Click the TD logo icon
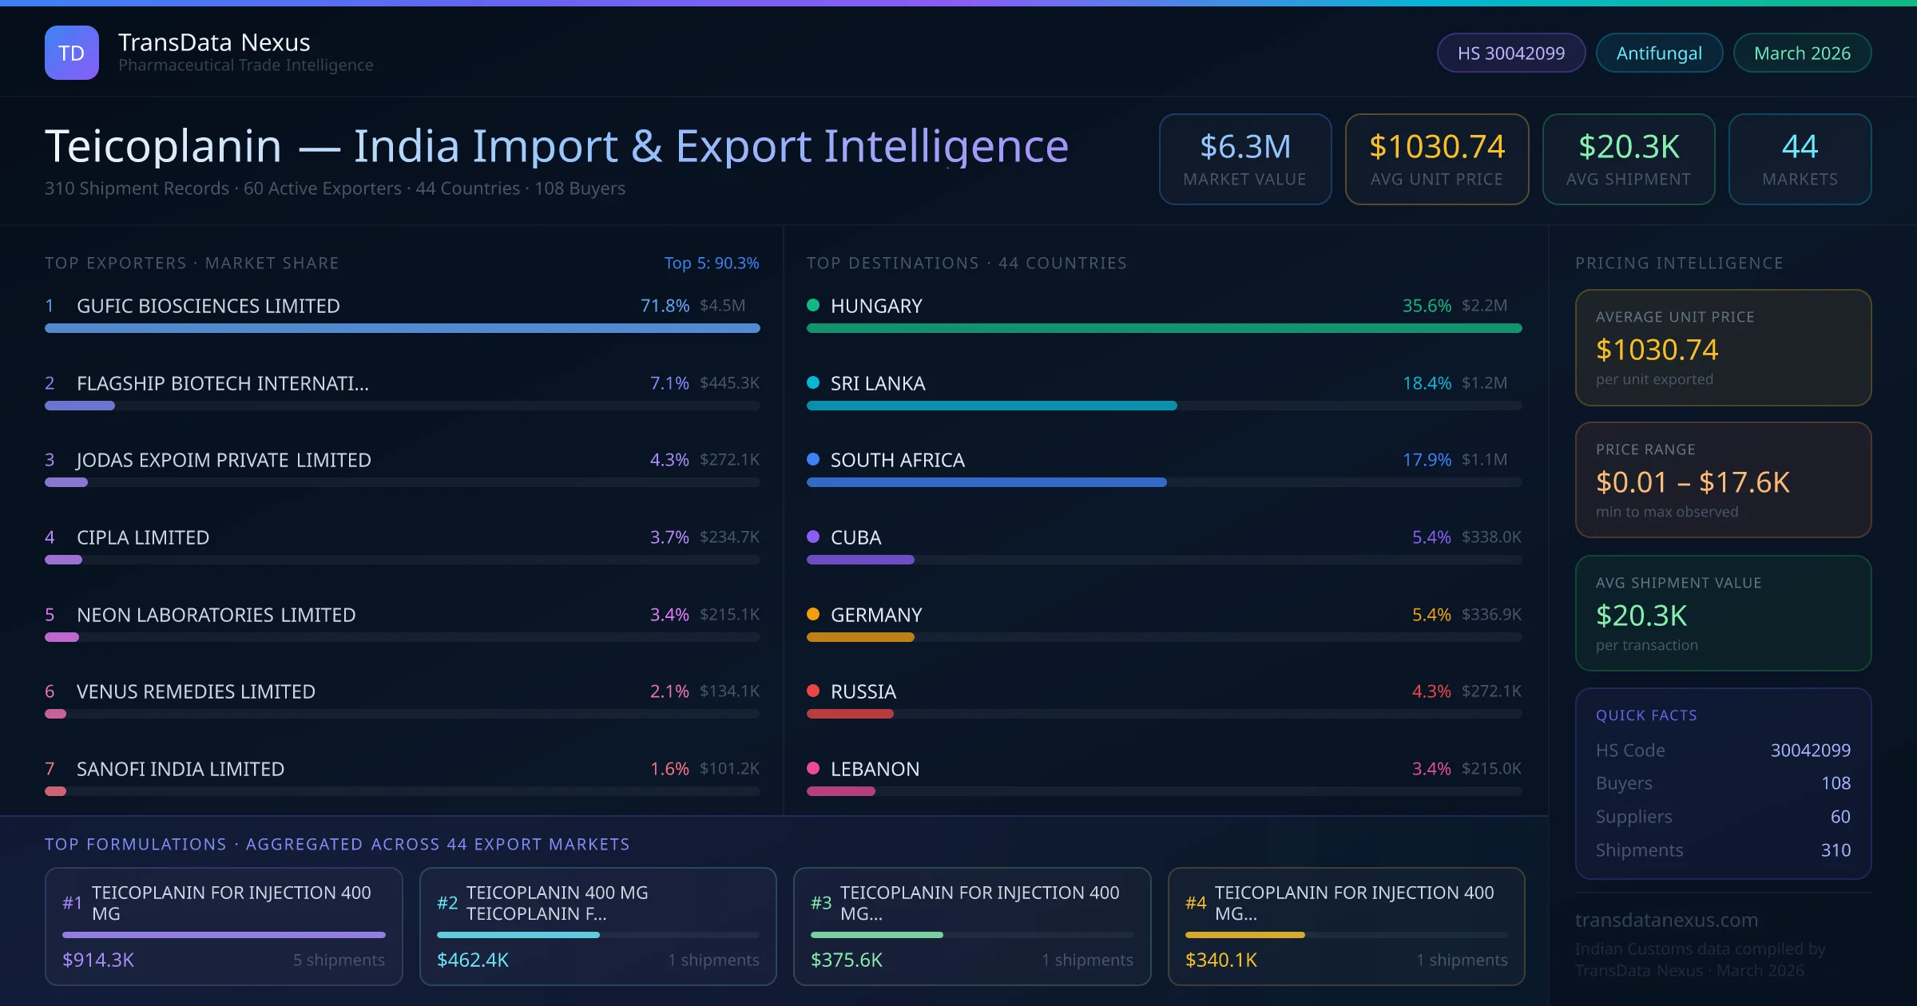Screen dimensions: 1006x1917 coord(72,53)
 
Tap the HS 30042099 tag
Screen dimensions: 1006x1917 coord(1510,53)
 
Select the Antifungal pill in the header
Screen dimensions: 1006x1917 coord(1659,53)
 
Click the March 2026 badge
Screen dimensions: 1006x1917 coord(1802,53)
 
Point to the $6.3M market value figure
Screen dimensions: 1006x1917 coord(1244,147)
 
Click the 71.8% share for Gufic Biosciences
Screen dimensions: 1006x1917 coord(665,306)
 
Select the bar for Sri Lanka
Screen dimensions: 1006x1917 coord(991,406)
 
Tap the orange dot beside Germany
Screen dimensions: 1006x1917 coord(813,614)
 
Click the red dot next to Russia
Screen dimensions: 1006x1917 coord(813,691)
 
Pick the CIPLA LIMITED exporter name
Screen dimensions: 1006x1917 coord(143,537)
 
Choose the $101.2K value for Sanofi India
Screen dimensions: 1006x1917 coord(729,768)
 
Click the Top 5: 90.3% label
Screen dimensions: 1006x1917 coord(712,263)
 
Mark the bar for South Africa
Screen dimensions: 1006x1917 coord(986,482)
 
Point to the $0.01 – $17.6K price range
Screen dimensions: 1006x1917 coord(1693,482)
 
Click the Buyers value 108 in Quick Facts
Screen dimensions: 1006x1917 coord(1836,783)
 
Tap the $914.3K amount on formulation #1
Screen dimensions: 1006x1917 coord(98,960)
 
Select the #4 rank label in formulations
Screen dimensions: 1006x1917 coord(1196,903)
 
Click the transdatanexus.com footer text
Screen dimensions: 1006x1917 coord(1666,920)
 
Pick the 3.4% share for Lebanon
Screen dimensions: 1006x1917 coord(1431,769)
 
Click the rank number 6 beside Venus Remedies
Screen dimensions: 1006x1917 coord(50,691)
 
